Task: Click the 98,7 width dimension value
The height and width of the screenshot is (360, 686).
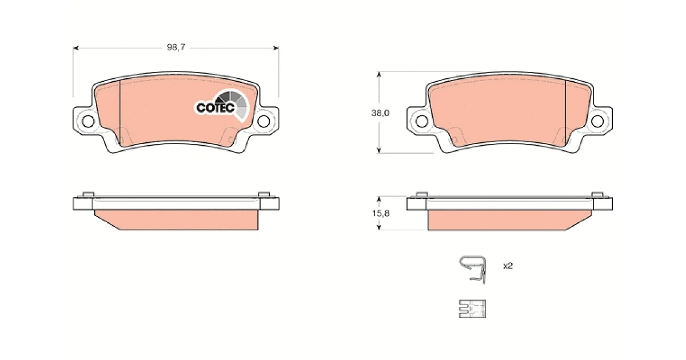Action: click(x=176, y=47)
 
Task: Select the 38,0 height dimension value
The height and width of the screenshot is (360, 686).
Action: click(x=380, y=113)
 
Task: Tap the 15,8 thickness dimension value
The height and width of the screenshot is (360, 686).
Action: click(x=381, y=213)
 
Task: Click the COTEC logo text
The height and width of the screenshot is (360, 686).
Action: click(x=216, y=107)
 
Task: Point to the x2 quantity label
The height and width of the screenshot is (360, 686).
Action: click(x=508, y=266)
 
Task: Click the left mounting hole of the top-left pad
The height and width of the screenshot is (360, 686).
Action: click(x=88, y=122)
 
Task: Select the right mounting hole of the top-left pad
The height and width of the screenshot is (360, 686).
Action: click(x=264, y=122)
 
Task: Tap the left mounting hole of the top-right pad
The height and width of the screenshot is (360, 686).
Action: click(x=422, y=122)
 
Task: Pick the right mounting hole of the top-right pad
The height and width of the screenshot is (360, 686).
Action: click(x=597, y=122)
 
